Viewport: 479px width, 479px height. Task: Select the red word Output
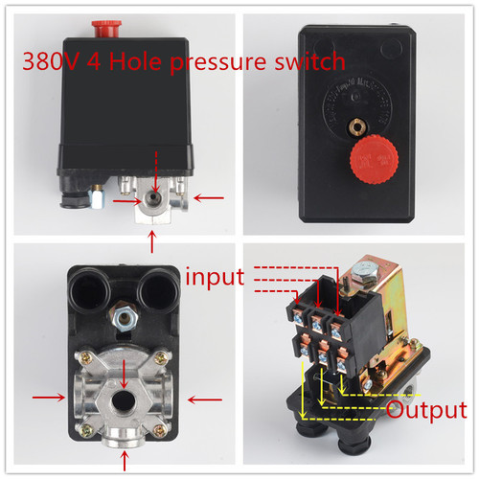coord(425,411)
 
